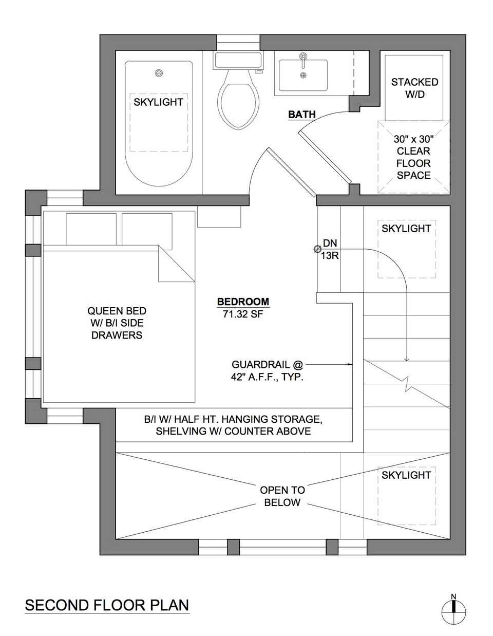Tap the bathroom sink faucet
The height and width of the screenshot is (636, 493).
pyautogui.click(x=304, y=60)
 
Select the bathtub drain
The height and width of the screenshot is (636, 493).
pyautogui.click(x=159, y=73)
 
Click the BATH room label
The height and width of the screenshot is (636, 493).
pyautogui.click(x=302, y=115)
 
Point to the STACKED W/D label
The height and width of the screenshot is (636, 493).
pyautogui.click(x=414, y=88)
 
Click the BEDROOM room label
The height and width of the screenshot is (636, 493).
pyautogui.click(x=243, y=302)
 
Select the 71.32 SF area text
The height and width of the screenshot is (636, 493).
pyautogui.click(x=243, y=314)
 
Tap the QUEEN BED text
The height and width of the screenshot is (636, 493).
pyautogui.click(x=117, y=311)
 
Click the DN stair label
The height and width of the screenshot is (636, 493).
pyautogui.click(x=330, y=243)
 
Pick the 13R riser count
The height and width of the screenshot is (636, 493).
pyautogui.click(x=330, y=256)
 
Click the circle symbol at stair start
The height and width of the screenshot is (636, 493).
pyautogui.click(x=316, y=249)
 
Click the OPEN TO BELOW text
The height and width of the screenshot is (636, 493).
pyautogui.click(x=282, y=496)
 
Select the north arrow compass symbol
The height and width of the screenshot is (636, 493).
pyautogui.click(x=454, y=611)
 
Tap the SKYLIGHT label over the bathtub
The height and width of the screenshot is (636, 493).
pyautogui.click(x=158, y=102)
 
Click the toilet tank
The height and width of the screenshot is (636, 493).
pyautogui.click(x=238, y=61)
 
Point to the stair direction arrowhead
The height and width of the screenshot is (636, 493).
pyautogui.click(x=406, y=359)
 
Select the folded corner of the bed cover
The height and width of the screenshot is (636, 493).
pyautogui.click(x=177, y=264)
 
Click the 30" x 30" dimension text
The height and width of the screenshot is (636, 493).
pyautogui.click(x=413, y=139)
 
